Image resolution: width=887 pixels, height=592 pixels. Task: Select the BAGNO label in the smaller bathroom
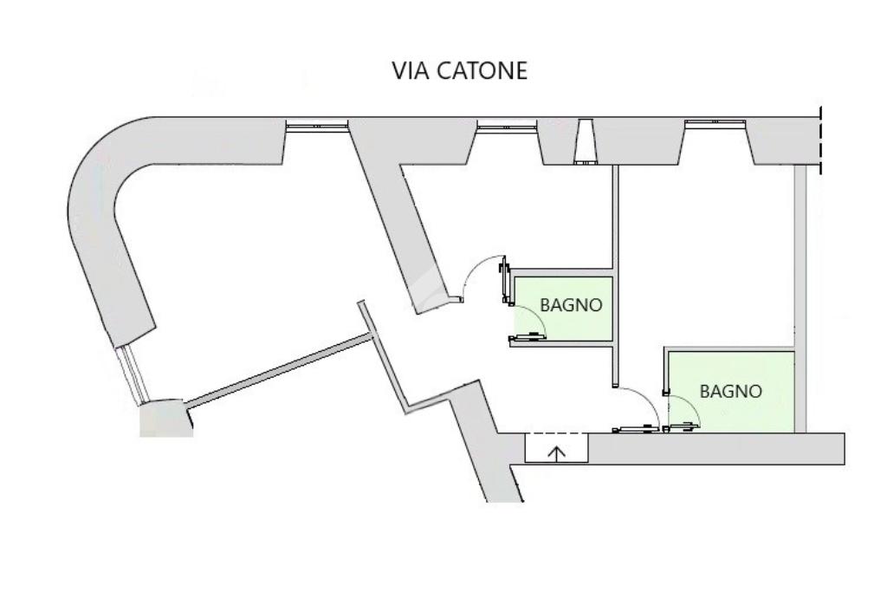tap(571, 305)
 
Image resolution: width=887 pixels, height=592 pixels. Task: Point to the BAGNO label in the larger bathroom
tap(731, 391)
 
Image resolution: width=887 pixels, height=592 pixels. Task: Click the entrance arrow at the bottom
tap(557, 452)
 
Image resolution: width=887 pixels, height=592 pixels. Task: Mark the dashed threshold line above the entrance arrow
tap(557, 433)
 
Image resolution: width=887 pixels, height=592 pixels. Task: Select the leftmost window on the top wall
tap(317, 127)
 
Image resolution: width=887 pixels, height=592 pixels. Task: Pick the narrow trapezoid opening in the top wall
tap(585, 142)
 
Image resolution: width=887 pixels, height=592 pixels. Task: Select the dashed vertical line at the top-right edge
tap(819, 139)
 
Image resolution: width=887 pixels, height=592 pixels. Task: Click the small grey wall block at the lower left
tap(161, 419)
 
